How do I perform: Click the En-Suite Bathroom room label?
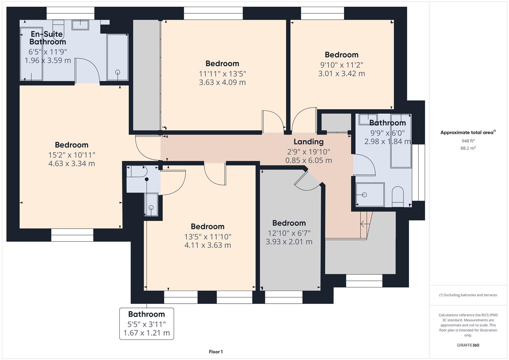(x=47, y=38)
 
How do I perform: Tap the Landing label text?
(x=308, y=142)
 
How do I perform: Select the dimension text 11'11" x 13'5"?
(x=222, y=73)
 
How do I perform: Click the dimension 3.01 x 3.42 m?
(x=341, y=73)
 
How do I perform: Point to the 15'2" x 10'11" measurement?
(x=72, y=155)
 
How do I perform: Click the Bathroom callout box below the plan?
(x=147, y=323)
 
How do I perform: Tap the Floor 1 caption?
(x=216, y=352)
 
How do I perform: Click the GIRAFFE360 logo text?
(x=468, y=345)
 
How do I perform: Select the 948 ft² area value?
(x=468, y=141)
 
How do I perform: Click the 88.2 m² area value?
(x=468, y=148)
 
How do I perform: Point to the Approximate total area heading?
(x=468, y=132)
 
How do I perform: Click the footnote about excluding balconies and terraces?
(x=468, y=295)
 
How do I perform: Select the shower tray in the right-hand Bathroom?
(x=370, y=194)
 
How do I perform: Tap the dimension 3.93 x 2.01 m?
(x=289, y=242)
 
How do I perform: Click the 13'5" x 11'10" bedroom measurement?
(x=208, y=237)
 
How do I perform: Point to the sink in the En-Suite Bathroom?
(x=80, y=25)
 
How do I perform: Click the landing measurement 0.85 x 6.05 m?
(x=308, y=160)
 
